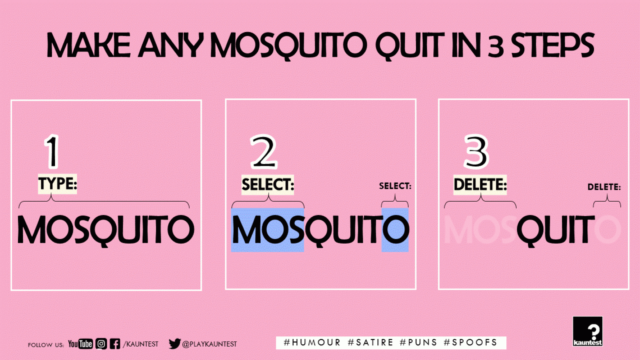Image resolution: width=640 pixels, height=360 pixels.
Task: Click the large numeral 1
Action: click(x=51, y=152)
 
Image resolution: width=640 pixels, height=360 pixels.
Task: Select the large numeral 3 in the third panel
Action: click(x=476, y=152)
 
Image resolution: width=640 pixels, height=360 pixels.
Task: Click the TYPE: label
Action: click(x=57, y=184)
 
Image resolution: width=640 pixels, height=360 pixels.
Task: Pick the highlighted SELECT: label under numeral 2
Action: click(x=268, y=184)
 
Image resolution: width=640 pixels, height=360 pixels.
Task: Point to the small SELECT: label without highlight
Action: click(x=395, y=186)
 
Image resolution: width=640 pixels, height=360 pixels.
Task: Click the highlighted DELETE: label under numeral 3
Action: click(x=480, y=184)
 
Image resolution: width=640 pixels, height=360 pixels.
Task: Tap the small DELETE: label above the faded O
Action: click(x=604, y=187)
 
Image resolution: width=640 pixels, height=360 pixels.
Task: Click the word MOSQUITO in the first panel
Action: click(x=106, y=230)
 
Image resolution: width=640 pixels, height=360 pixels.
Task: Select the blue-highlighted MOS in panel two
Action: click(x=268, y=230)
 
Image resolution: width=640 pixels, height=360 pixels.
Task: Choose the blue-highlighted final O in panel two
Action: click(x=395, y=230)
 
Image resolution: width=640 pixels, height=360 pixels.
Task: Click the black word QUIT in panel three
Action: click(x=555, y=230)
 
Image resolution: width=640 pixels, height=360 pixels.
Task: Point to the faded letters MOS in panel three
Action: click(x=480, y=230)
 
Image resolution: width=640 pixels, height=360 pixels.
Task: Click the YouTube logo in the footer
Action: click(x=80, y=344)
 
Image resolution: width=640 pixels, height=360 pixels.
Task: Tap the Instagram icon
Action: click(x=101, y=344)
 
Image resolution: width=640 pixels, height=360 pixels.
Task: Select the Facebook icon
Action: click(x=115, y=344)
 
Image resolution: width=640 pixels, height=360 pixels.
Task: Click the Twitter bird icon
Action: click(x=175, y=344)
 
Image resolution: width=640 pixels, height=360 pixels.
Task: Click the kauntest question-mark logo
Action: click(x=587, y=331)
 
